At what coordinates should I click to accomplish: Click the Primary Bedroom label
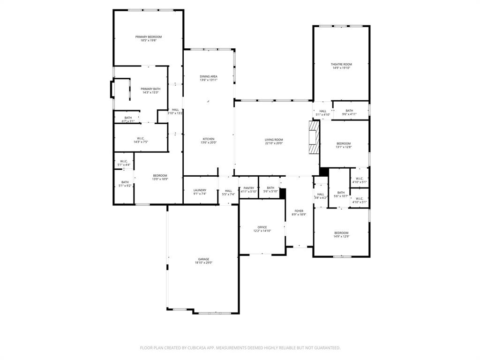pyautogui.click(x=149, y=37)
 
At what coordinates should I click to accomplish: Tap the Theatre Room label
pyautogui.click(x=341, y=64)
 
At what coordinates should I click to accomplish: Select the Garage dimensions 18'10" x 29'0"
pyautogui.click(x=203, y=263)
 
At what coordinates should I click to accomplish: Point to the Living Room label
pyautogui.click(x=274, y=140)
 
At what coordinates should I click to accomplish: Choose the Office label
pyautogui.click(x=262, y=227)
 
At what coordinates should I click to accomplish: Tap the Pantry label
pyautogui.click(x=248, y=188)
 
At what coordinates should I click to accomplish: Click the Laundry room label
pyautogui.click(x=200, y=190)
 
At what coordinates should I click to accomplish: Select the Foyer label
pyautogui.click(x=299, y=211)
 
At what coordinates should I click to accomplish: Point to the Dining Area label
pyautogui.click(x=209, y=76)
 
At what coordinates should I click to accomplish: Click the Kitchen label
pyautogui.click(x=209, y=139)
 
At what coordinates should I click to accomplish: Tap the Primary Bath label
pyautogui.click(x=150, y=89)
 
